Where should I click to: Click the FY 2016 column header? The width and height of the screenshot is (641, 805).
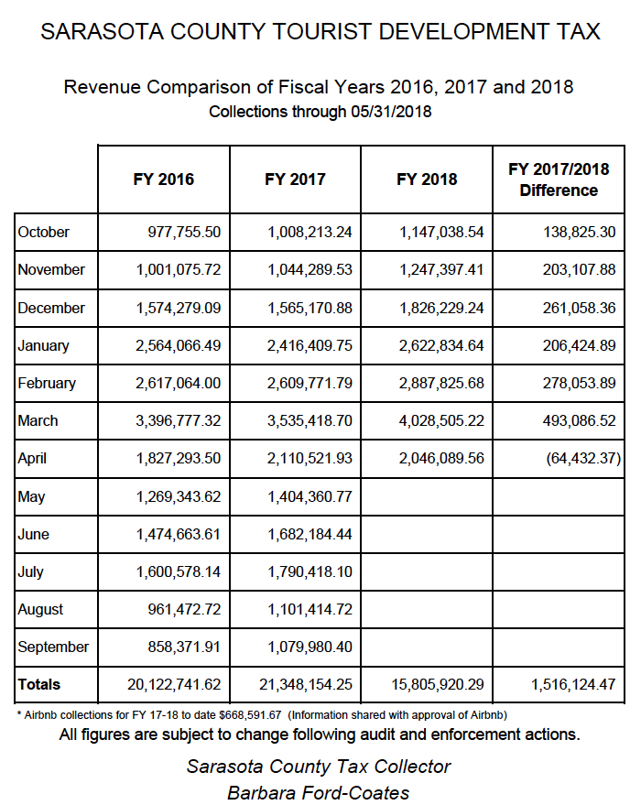pos(164,179)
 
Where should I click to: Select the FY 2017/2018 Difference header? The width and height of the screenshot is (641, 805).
pos(558,179)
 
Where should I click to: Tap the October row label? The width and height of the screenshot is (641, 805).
pos(43,232)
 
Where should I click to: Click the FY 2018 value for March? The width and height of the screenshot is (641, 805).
pos(441,421)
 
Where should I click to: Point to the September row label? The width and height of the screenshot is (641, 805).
pos(53,647)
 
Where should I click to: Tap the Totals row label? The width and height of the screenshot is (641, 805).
pos(38,684)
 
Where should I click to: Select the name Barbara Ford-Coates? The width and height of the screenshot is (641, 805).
pos(318,792)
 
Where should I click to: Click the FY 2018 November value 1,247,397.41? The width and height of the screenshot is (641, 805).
pos(441,270)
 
